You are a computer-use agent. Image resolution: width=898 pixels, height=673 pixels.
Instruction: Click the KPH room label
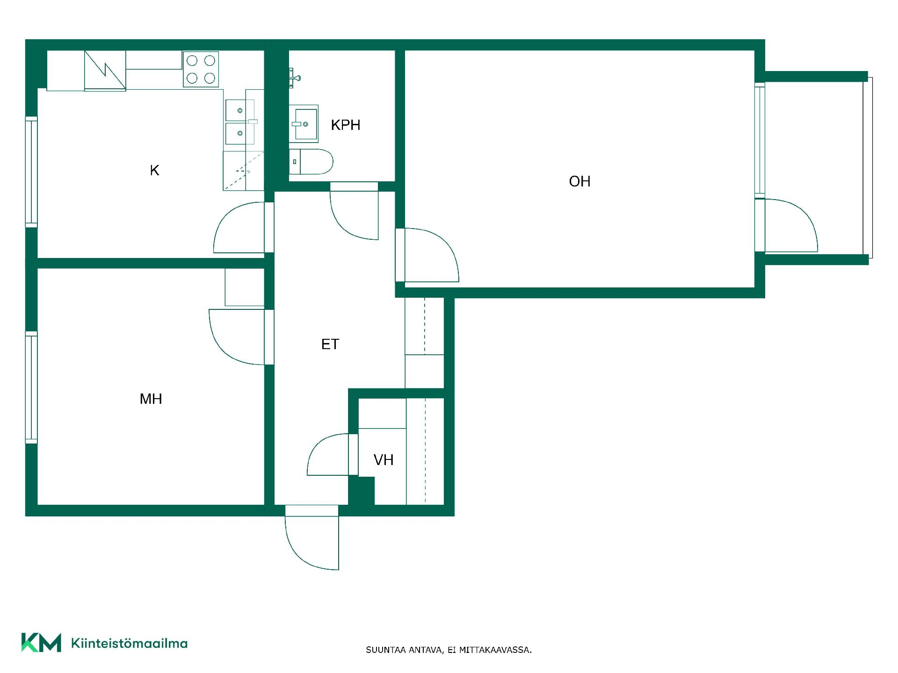click(346, 125)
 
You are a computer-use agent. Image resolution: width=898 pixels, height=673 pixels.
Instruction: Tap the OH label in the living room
click(579, 181)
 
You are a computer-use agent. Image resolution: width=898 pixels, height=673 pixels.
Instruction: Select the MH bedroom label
click(151, 399)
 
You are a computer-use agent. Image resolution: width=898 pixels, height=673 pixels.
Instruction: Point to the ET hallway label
click(330, 344)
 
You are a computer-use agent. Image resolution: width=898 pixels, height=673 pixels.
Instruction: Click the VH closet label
click(383, 460)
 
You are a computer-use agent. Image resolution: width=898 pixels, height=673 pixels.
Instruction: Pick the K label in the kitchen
click(154, 171)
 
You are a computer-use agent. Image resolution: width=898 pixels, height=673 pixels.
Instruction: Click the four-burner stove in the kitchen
click(201, 69)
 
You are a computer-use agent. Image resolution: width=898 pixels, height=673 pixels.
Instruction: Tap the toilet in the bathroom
click(311, 162)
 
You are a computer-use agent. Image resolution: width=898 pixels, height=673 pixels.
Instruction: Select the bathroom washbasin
click(304, 124)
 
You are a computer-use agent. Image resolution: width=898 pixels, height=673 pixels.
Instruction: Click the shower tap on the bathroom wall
click(294, 78)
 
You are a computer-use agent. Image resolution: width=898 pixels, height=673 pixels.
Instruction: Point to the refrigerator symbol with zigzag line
click(105, 71)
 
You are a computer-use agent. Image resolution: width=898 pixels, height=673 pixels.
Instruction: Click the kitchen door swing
click(239, 228)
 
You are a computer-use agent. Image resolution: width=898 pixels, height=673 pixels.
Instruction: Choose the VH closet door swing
click(328, 455)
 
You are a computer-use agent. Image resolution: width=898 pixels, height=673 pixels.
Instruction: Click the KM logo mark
click(41, 643)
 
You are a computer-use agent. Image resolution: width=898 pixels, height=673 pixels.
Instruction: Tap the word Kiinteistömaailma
click(129, 643)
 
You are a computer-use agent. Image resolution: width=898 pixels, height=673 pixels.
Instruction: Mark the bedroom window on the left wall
click(31, 387)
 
